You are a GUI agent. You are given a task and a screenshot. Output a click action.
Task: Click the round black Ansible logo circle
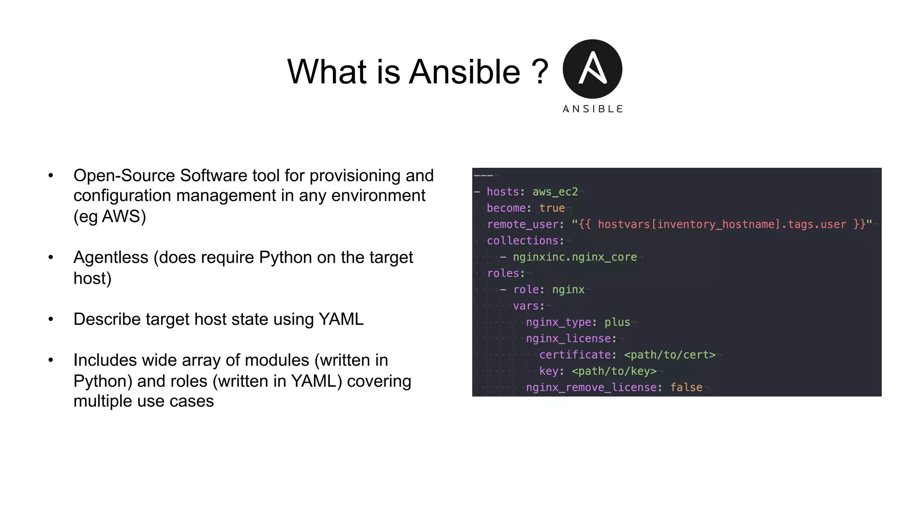pos(592,69)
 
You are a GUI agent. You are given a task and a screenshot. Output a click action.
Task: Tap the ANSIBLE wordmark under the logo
pos(592,109)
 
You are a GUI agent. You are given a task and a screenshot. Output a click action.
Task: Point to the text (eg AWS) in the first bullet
pos(110,216)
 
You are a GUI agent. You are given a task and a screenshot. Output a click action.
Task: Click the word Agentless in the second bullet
pos(111,257)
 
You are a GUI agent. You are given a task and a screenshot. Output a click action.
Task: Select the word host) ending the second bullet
pos(92,278)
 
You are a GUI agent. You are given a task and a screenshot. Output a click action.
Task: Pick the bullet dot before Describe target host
pos(51,319)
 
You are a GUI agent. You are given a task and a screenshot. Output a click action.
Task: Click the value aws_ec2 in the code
pos(555,192)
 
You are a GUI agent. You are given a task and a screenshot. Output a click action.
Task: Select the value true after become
pos(552,208)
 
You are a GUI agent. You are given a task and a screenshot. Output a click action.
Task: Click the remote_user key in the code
pos(522,224)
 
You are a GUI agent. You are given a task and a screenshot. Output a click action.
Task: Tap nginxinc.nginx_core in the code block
pos(574,257)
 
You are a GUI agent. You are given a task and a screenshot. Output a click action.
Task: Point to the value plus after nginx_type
pos(617,322)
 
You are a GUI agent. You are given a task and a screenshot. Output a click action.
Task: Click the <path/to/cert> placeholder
pos(669,355)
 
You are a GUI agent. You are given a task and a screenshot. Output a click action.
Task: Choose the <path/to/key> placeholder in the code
pos(614,371)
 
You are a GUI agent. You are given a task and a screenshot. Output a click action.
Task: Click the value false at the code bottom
pos(686,387)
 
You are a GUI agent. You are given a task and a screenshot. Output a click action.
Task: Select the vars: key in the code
pos(528,306)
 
